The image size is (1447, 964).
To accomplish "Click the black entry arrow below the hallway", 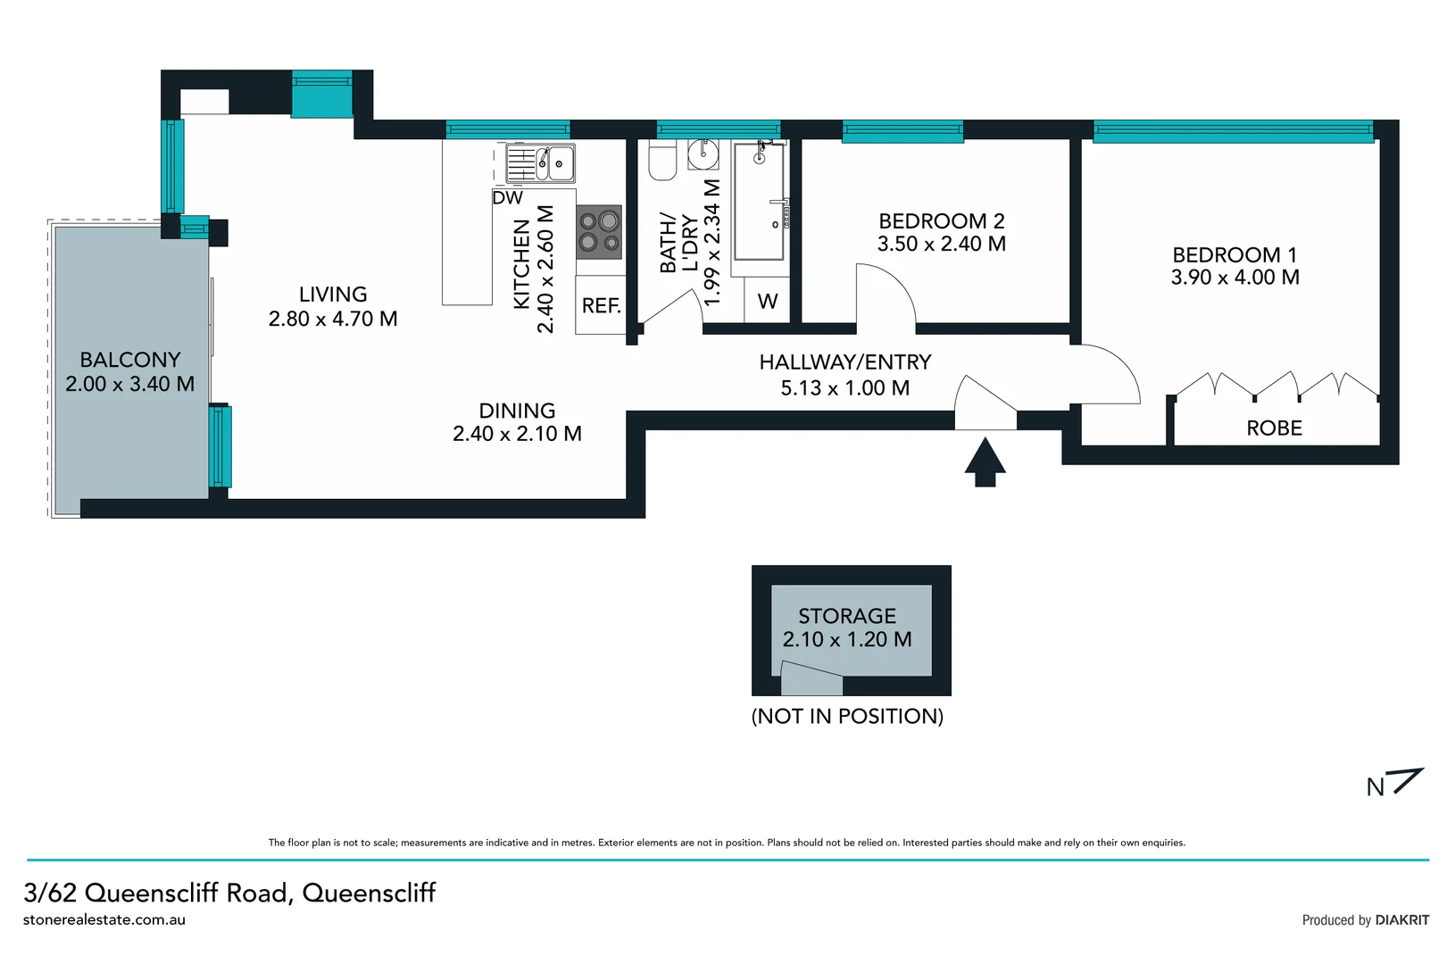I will tap(985, 461).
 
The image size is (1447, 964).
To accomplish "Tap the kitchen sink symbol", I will tap(540, 163).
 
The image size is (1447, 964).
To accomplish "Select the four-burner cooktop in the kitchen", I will tap(599, 231).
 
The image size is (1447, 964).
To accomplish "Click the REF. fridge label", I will tap(601, 306).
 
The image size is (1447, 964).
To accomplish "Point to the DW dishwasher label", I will tap(507, 198).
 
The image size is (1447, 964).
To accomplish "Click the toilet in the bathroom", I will tap(662, 162).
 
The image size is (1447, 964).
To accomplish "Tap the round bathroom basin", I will tap(703, 154).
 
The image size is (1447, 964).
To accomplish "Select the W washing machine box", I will tap(767, 302).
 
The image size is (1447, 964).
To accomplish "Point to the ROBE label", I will tap(1274, 428).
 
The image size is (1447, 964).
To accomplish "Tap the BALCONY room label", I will tap(130, 360).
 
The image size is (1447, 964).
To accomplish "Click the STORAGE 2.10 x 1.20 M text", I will tap(847, 628).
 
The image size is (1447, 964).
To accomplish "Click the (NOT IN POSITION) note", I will tap(847, 716).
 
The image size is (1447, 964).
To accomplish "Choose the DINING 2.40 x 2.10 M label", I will tap(517, 422).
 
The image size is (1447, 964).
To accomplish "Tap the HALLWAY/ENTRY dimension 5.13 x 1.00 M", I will tap(844, 388).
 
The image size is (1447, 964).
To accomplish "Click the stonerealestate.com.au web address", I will tap(104, 919).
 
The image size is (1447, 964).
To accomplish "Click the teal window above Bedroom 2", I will tap(902, 132).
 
